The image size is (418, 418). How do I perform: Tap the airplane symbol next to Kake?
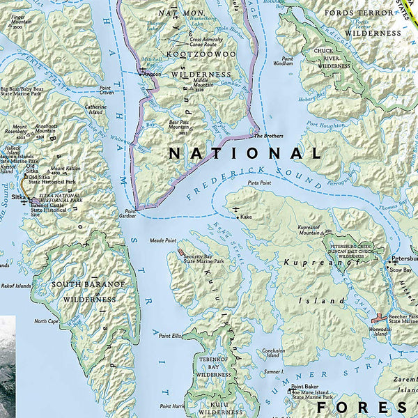click(238, 209)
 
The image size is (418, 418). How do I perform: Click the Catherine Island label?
click(96, 109)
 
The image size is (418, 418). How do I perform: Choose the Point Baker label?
click(305, 387)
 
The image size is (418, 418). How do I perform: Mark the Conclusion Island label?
click(273, 353)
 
